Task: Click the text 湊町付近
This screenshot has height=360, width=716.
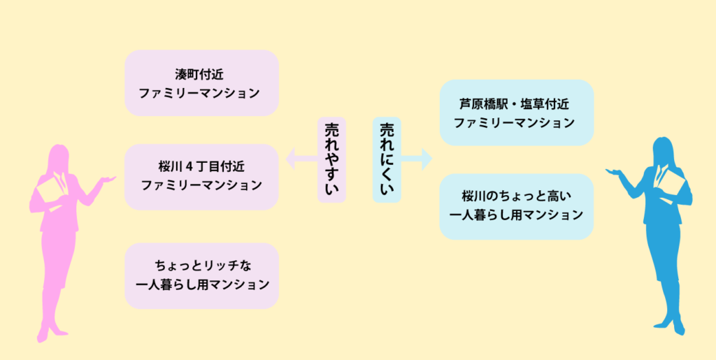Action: [x=201, y=74]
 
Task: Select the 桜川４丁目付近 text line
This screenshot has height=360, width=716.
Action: [x=201, y=166]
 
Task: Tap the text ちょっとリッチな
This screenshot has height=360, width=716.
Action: [x=201, y=266]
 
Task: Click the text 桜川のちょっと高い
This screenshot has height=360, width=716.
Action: [x=517, y=196]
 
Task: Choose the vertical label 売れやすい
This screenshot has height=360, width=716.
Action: [x=332, y=159]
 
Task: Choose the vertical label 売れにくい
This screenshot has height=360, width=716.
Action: [x=387, y=159]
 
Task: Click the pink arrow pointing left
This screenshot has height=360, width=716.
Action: [x=301, y=159]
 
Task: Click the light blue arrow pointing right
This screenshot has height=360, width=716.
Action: [x=417, y=159]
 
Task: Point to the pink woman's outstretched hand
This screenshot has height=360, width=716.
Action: [x=108, y=179]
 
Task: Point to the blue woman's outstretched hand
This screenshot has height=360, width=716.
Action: [x=613, y=171]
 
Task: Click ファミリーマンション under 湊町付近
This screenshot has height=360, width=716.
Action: [x=201, y=94]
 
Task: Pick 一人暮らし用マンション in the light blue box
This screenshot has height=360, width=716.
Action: [x=517, y=215]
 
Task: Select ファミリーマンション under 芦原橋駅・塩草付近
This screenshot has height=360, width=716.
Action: [x=517, y=123]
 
